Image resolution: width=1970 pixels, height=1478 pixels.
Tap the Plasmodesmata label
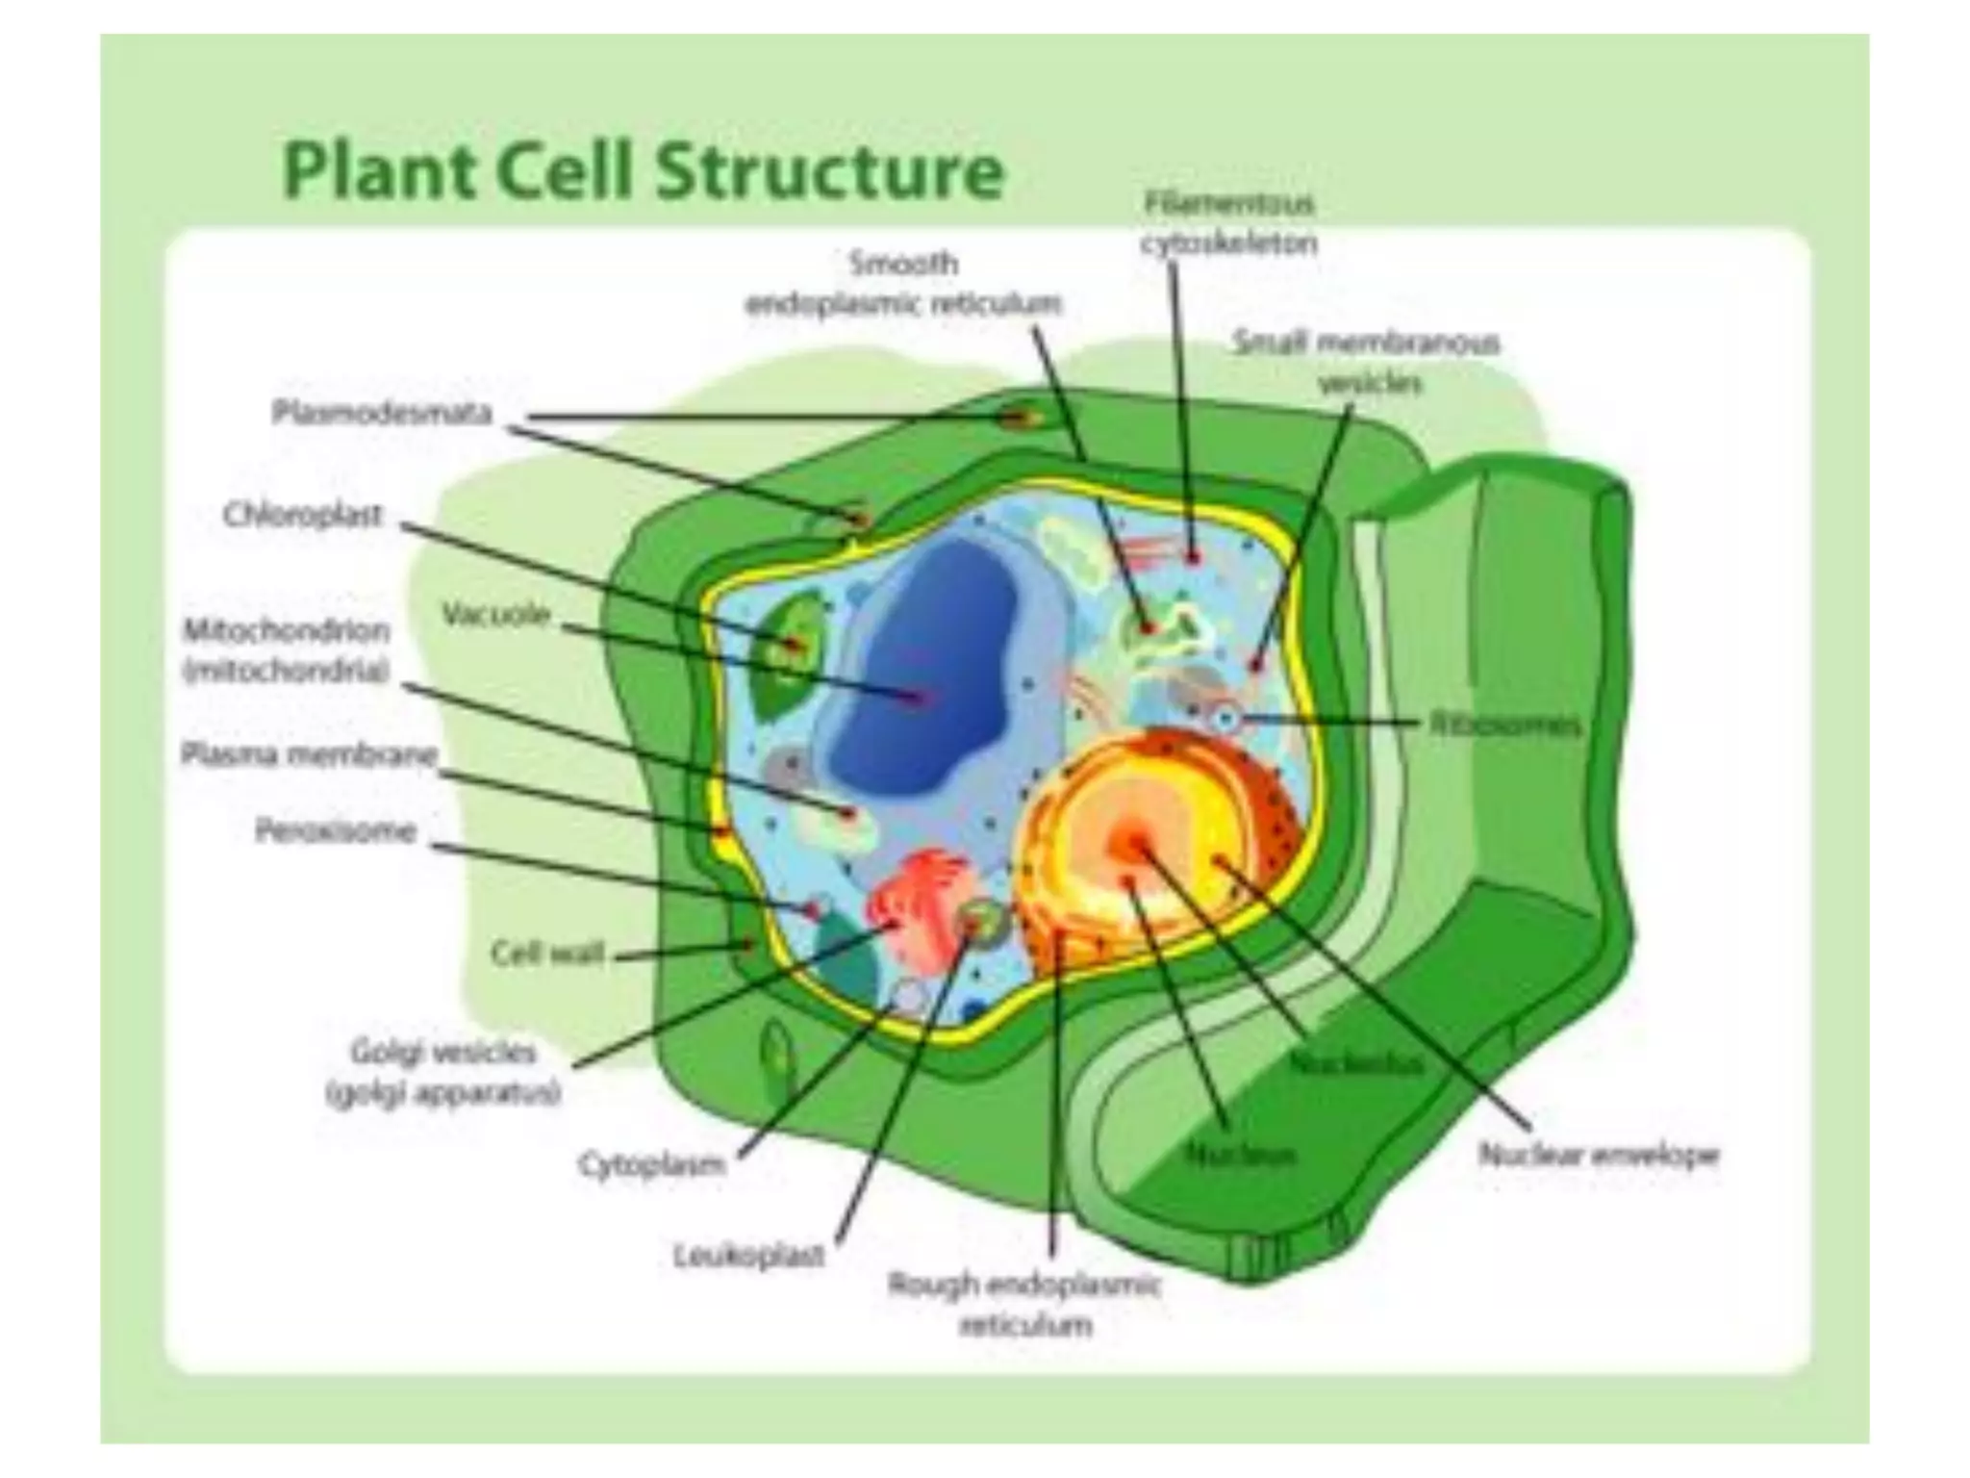tap(382, 414)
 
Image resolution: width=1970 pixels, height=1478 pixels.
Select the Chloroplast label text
tap(303, 516)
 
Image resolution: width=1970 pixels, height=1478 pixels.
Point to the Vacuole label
tap(495, 614)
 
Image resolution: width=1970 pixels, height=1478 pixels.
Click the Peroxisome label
tap(336, 829)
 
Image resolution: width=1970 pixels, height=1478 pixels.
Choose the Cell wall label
tap(547, 954)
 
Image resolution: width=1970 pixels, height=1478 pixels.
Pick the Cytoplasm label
tap(651, 1164)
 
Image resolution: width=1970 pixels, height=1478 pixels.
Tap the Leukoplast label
tap(749, 1255)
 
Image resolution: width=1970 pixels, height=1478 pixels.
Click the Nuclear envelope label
tap(1598, 1155)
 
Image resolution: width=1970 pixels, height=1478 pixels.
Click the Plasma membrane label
tap(309, 754)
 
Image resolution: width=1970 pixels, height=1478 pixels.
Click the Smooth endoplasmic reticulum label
tap(903, 284)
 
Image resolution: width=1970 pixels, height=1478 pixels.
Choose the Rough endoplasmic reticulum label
tap(1025, 1305)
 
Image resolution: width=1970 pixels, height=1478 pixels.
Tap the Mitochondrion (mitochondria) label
tap(287, 650)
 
